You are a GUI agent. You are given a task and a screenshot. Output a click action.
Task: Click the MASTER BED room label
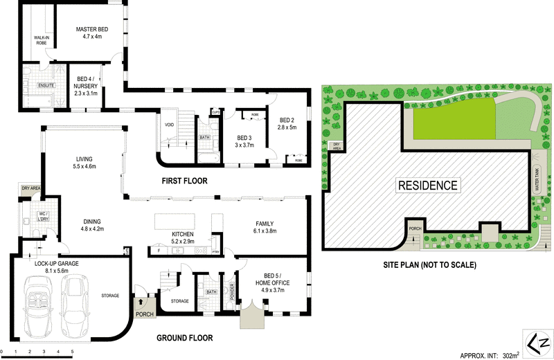[92, 29]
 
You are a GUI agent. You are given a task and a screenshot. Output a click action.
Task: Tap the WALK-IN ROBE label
[41, 40]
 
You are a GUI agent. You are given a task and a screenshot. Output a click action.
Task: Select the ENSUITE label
[46, 85]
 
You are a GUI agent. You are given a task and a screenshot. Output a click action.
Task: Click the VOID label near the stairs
[169, 125]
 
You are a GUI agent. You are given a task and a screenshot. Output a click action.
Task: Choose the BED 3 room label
[244, 138]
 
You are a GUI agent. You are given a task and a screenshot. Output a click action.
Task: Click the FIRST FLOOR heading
[184, 181]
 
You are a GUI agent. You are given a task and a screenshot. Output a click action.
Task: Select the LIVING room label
[84, 159]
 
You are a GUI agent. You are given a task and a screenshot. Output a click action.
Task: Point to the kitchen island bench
[175, 222]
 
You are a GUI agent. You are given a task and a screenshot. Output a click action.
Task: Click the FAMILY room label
[265, 224]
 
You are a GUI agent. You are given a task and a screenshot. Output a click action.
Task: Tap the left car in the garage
[37, 306]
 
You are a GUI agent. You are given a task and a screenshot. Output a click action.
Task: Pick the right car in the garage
[75, 306]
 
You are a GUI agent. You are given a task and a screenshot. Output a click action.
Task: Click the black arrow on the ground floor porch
[141, 302]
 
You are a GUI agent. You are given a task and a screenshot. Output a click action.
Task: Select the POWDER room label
[232, 292]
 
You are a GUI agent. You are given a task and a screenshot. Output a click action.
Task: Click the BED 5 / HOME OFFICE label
[272, 279]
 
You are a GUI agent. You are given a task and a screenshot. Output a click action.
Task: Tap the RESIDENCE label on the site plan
[428, 185]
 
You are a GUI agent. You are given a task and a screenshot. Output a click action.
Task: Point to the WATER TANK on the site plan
[537, 179]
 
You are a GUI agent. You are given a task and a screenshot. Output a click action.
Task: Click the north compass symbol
[538, 343]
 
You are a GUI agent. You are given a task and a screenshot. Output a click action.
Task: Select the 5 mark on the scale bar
[72, 352]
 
